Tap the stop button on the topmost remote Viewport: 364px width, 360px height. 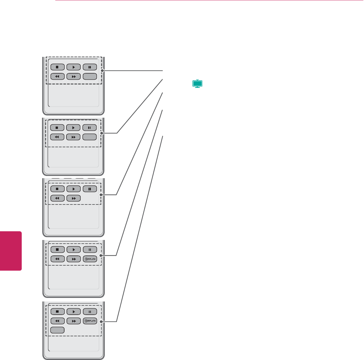point(57,67)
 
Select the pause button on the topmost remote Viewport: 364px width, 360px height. point(90,67)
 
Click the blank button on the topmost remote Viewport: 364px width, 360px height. point(90,77)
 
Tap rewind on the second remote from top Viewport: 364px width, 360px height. point(57,137)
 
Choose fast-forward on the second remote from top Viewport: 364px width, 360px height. point(73,137)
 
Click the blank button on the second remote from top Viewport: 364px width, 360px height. point(90,137)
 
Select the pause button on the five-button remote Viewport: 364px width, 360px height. point(90,189)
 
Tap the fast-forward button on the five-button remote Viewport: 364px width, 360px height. point(73,198)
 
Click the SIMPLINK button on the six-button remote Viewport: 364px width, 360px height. point(90,259)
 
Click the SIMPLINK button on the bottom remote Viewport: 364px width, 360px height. point(90,321)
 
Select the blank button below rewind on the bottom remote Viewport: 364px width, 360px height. point(57,330)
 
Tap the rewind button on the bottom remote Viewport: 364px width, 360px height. point(57,321)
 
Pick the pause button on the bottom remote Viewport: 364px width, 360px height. point(90,311)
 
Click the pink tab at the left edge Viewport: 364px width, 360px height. point(11,251)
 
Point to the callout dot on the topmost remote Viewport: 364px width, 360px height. point(102,71)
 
